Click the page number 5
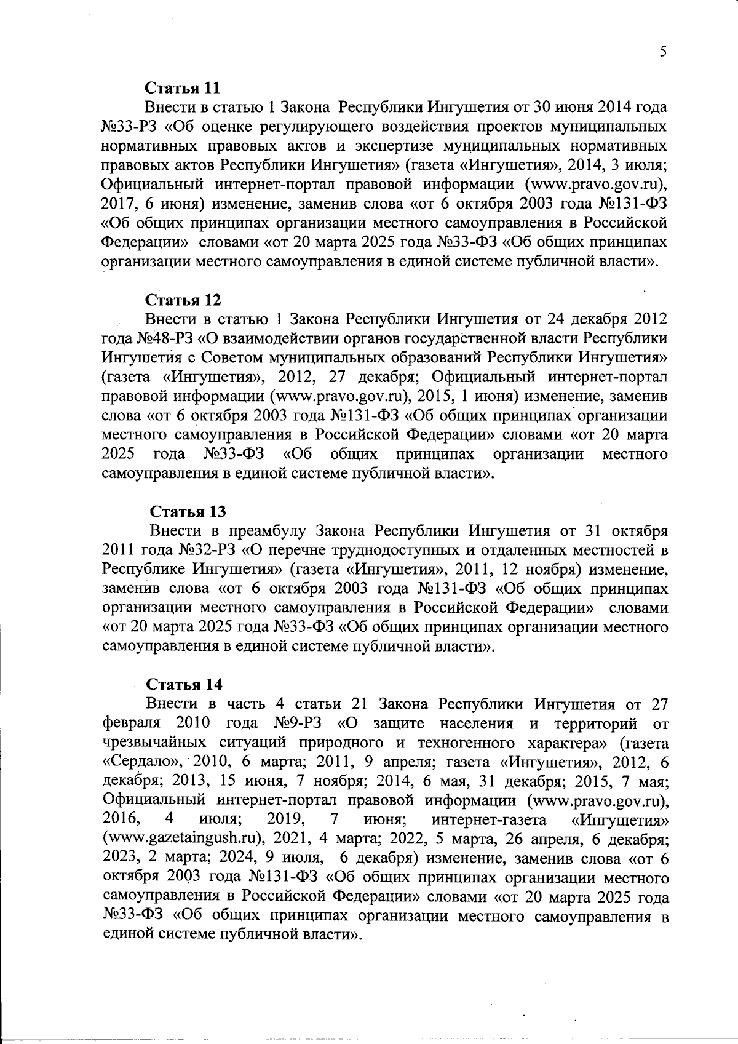coord(663,53)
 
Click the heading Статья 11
coord(182,87)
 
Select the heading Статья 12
coord(183,300)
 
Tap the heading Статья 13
coord(188,512)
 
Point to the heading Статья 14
coord(184,684)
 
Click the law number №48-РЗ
coord(165,338)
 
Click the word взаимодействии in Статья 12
coord(268,338)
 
